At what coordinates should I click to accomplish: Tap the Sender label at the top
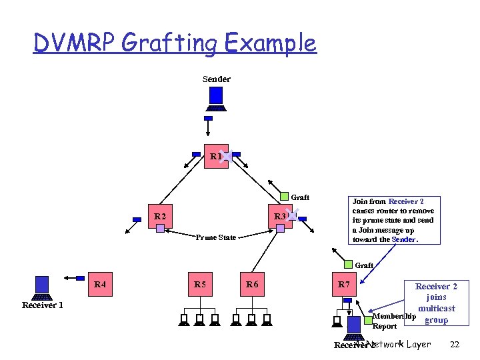click(216, 79)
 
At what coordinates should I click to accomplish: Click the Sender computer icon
click(216, 100)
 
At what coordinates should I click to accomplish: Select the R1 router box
click(215, 157)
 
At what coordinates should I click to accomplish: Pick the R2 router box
click(159, 216)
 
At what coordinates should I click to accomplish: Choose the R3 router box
click(279, 216)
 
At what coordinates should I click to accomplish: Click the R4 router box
click(100, 285)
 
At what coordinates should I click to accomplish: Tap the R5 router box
click(199, 285)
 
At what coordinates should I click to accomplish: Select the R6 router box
click(251, 285)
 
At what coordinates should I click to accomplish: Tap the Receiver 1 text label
click(42, 305)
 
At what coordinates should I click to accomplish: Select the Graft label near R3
click(300, 197)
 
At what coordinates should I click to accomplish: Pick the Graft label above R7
click(364, 265)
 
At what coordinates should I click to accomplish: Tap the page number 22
click(455, 344)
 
